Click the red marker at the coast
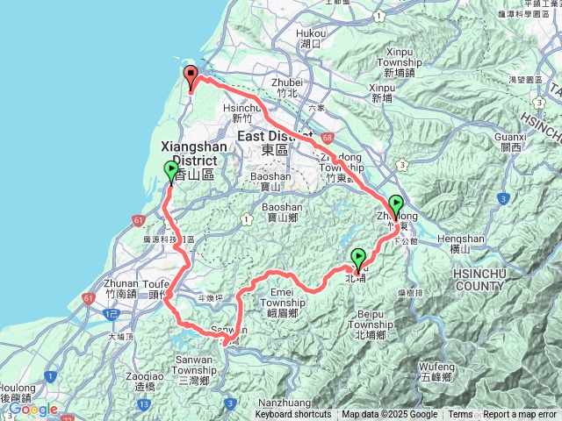[191, 77]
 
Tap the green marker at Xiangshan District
[171, 171]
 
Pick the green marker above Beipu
[358, 259]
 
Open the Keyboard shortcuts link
[293, 415]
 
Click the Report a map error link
[521, 415]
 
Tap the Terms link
[460, 415]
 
